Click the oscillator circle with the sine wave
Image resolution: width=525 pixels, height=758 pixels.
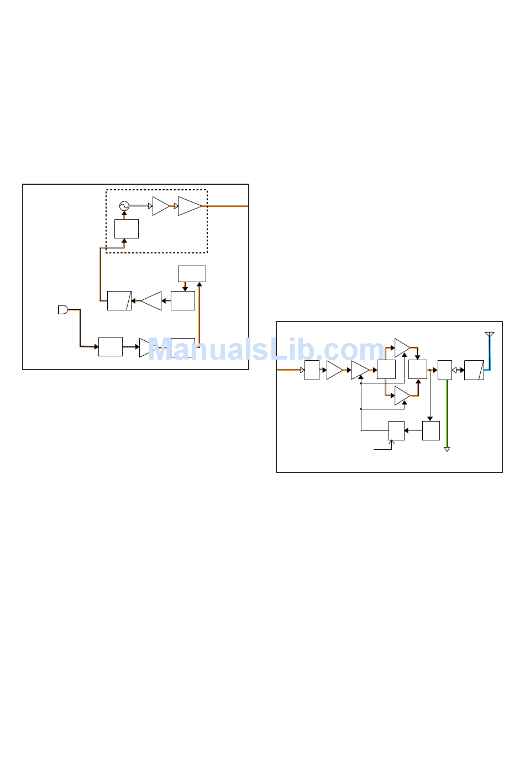click(124, 206)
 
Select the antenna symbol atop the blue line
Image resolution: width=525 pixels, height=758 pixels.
click(489, 335)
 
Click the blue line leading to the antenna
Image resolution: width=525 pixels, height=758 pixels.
click(489, 354)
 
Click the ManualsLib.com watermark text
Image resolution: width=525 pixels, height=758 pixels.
click(265, 350)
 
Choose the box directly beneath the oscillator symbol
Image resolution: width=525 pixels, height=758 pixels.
click(127, 229)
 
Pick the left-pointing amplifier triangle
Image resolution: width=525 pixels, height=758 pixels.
click(151, 301)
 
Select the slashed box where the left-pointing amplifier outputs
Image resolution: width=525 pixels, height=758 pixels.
click(119, 300)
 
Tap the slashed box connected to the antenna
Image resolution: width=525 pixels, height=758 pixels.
click(474, 370)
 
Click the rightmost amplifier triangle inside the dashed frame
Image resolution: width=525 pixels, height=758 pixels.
click(190, 206)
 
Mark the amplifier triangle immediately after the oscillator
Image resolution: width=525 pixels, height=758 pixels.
click(160, 206)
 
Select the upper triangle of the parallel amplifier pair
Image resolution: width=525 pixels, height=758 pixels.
click(402, 348)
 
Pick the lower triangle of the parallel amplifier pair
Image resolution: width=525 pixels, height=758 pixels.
click(402, 396)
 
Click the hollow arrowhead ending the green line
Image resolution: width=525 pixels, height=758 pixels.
click(447, 449)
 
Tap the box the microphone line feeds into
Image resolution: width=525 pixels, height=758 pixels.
click(111, 346)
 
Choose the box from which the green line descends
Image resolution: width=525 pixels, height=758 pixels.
click(445, 370)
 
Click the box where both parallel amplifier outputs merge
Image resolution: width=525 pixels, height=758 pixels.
click(418, 370)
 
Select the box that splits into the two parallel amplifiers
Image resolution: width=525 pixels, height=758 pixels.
click(386, 370)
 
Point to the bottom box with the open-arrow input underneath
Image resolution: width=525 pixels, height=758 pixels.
click(396, 430)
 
